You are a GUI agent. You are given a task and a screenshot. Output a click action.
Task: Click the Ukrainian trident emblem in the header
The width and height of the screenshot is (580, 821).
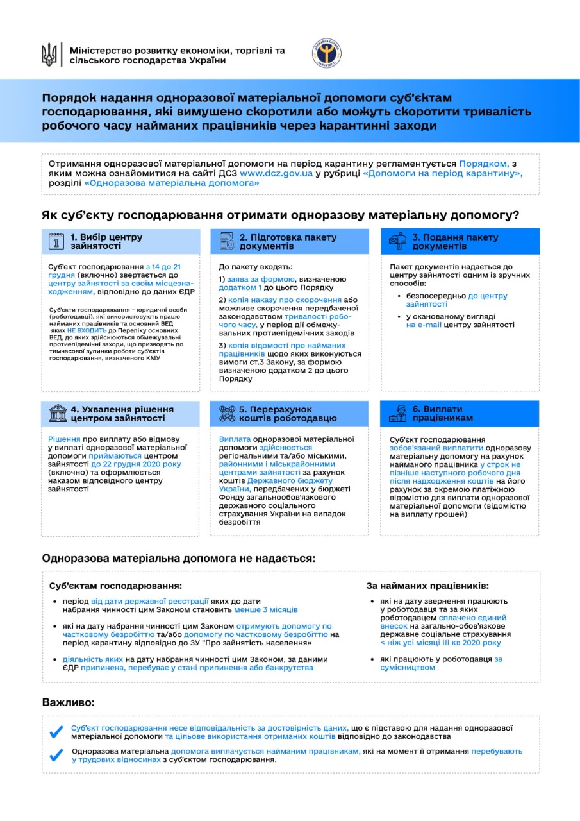[49, 55]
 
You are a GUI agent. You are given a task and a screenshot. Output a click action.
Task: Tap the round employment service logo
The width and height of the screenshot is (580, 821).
[326, 54]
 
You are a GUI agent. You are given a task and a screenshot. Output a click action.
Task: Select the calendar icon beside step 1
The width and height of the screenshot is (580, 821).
[56, 241]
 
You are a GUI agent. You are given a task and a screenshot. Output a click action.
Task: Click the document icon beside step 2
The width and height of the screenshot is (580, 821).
[226, 241]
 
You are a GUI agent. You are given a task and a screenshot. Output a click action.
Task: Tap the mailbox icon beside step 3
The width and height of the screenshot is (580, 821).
[397, 241]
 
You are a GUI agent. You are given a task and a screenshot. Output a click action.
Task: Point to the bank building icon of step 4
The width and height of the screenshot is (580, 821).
[56, 414]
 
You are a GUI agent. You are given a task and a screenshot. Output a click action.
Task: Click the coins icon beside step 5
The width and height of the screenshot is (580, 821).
[226, 414]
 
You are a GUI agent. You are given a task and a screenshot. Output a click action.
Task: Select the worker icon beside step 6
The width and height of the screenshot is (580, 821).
[397, 414]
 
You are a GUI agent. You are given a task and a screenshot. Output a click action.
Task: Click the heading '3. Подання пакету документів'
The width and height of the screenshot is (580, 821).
[455, 242]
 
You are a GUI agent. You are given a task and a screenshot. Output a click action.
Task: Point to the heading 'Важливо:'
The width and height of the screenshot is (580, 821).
[68, 702]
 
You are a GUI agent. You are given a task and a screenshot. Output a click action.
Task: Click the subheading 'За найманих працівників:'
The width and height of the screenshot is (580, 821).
[427, 586]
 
